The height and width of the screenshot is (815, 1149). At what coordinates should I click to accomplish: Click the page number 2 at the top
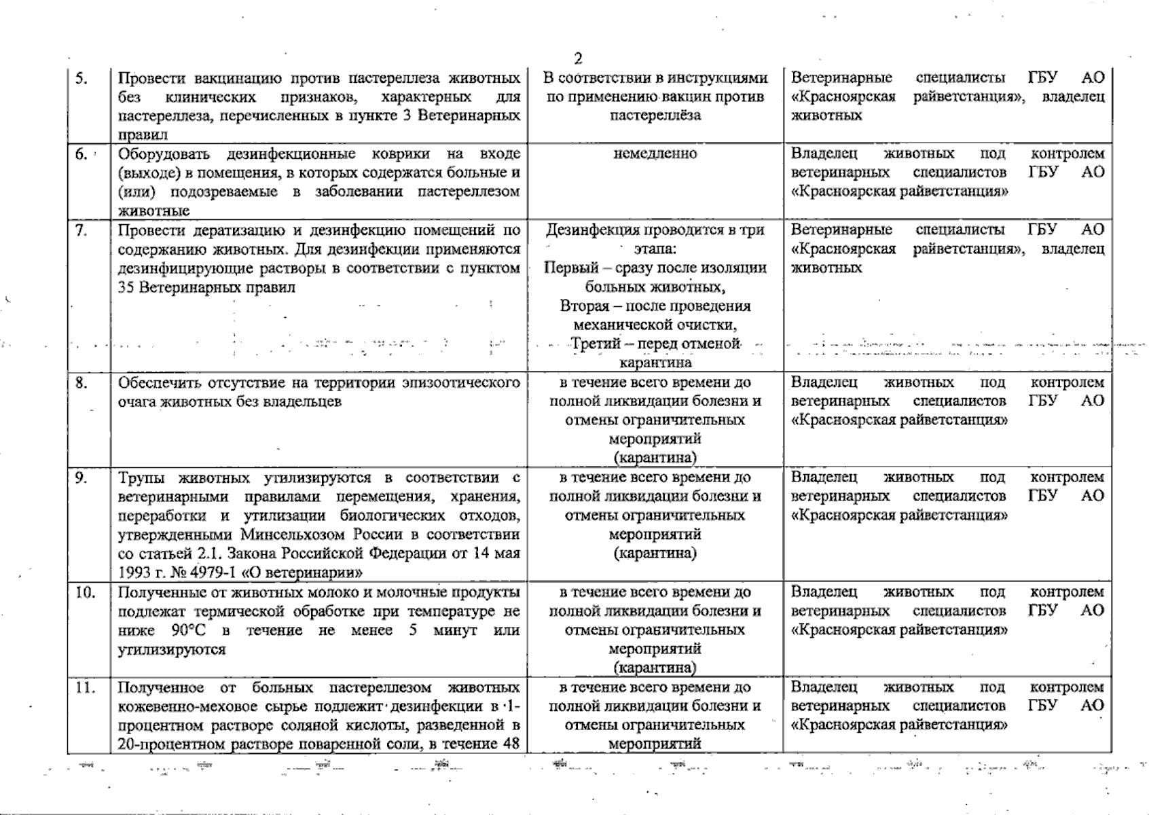point(577,58)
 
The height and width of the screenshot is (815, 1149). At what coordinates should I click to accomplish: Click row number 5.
point(81,77)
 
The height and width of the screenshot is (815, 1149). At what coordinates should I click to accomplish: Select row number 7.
point(81,230)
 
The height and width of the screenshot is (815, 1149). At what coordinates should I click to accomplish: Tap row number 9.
point(81,477)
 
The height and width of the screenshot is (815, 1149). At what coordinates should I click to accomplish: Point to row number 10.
point(85,592)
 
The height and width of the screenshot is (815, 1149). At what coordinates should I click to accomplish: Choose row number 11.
point(85,687)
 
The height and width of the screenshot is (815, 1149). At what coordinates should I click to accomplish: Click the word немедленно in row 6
point(655,153)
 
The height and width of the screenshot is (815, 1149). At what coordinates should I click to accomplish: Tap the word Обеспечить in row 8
point(156,382)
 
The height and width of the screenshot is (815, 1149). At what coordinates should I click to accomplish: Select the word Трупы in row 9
point(139,477)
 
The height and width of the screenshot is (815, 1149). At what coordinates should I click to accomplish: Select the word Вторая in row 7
point(581,306)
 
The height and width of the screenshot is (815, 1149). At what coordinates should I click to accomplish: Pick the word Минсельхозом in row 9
point(289,534)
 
